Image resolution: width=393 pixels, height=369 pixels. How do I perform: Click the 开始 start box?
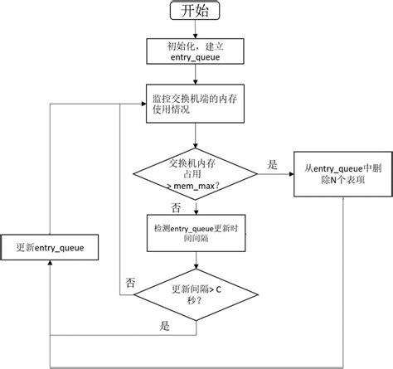point(195,11)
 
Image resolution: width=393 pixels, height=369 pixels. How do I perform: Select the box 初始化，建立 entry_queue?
point(195,51)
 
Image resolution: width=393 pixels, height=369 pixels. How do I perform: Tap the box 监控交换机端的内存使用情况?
point(195,104)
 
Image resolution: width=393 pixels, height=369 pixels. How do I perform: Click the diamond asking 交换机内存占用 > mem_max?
point(195,174)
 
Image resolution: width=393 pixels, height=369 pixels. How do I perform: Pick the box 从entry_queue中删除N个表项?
point(343,174)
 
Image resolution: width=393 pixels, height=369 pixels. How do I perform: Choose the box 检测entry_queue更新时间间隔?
point(196,233)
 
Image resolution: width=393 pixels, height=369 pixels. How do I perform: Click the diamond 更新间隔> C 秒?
point(196,294)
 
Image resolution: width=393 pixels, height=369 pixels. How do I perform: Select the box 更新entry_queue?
point(50,247)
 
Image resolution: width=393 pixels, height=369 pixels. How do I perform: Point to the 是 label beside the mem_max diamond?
point(272,165)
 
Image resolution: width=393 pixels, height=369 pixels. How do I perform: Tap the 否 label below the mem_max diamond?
point(176,208)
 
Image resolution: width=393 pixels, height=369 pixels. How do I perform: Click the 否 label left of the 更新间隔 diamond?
point(130,283)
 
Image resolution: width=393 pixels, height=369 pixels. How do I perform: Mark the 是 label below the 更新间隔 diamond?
point(164,326)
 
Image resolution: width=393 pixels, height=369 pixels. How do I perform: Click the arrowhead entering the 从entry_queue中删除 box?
point(291,174)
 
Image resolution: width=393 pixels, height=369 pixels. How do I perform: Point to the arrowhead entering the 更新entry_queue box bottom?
point(50,263)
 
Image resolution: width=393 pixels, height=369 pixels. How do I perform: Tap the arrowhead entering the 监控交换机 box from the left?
point(143,104)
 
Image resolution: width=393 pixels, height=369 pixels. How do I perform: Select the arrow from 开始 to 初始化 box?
point(195,29)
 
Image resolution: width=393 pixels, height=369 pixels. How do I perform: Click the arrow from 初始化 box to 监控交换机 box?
point(195,75)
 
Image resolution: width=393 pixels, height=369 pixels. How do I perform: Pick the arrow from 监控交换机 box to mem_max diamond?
point(195,136)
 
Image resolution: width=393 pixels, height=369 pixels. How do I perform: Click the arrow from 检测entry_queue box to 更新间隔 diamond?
point(196,260)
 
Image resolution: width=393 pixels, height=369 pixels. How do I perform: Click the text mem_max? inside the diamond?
point(193,187)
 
